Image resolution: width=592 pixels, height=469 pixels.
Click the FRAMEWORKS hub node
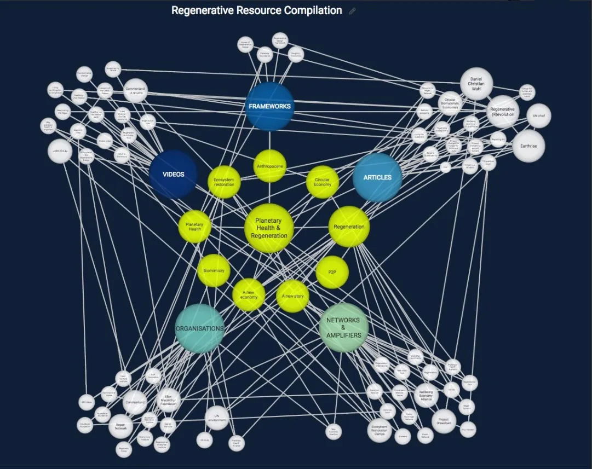(269, 106)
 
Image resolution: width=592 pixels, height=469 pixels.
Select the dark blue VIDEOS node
(173, 174)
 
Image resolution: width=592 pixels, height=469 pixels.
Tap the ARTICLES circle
(377, 177)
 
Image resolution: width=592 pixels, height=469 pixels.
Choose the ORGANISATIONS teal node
(199, 328)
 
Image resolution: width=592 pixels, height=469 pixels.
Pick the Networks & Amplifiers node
(343, 327)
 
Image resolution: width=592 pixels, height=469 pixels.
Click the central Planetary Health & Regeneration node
(269, 228)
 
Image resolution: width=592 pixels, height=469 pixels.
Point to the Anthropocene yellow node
(269, 166)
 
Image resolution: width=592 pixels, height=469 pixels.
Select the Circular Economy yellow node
(323, 182)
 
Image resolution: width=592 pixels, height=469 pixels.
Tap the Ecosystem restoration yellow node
(224, 182)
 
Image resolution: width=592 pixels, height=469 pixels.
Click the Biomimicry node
(214, 270)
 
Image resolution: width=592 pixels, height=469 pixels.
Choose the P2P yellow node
(332, 271)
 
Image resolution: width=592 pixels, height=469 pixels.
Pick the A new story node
(292, 296)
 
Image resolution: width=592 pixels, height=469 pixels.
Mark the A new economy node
(249, 296)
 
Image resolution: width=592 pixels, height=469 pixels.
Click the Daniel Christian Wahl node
(476, 84)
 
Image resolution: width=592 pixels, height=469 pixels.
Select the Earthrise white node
(528, 146)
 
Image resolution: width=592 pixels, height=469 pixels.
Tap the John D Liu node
(60, 151)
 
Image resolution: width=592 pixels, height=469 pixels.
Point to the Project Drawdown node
(444, 421)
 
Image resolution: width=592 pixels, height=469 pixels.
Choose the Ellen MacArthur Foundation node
(169, 400)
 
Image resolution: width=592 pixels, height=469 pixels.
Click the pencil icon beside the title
(352, 11)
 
